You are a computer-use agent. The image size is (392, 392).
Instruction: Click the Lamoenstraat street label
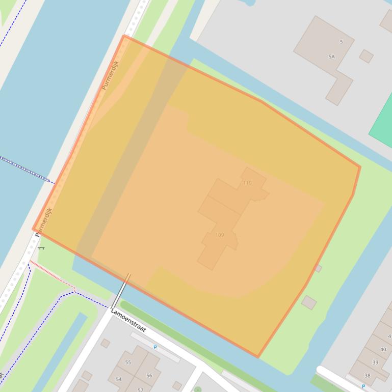(x=128, y=322)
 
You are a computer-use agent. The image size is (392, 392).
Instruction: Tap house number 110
(x=247, y=183)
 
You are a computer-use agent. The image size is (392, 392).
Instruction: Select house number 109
(x=220, y=235)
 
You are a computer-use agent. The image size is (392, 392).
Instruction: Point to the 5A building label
(x=332, y=57)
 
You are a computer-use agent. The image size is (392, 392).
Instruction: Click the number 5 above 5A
(x=341, y=42)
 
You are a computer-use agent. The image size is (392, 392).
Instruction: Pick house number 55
(x=128, y=362)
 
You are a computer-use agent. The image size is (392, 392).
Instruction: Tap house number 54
(x=119, y=379)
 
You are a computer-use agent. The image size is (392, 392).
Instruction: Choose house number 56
(x=149, y=376)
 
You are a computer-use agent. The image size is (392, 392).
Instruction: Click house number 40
(x=383, y=350)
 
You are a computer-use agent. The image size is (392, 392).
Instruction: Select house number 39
(x=375, y=362)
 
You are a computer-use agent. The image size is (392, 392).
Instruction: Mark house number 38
(x=367, y=376)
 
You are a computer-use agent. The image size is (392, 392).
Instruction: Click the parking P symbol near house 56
(x=155, y=348)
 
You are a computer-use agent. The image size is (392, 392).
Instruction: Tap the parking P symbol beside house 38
(x=363, y=386)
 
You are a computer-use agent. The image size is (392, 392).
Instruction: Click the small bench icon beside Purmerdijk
(x=41, y=248)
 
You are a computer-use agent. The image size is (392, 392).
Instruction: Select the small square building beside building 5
(x=366, y=56)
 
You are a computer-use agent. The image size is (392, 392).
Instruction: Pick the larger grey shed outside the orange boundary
(x=308, y=302)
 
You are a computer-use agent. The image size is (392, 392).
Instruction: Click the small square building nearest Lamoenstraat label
(x=105, y=343)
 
